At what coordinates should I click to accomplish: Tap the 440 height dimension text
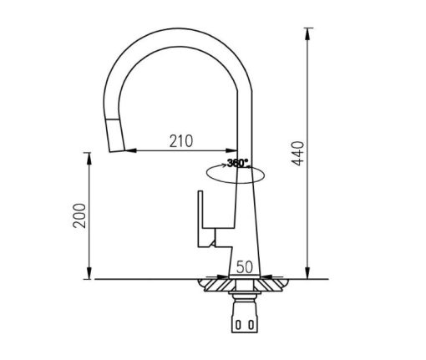coord(300,154)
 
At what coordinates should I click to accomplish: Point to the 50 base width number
coord(245,267)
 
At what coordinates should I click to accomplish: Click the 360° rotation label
coord(237,163)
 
